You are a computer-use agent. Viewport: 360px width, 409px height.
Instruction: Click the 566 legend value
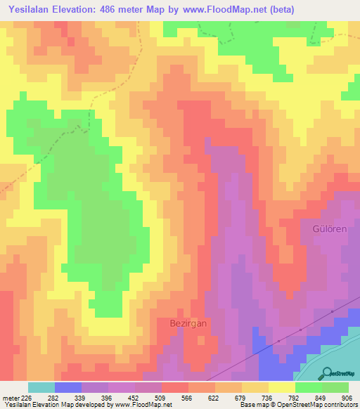click(x=174, y=398)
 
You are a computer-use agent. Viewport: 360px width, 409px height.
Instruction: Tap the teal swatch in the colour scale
click(x=41, y=387)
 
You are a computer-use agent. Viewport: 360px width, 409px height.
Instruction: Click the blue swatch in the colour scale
click(x=68, y=387)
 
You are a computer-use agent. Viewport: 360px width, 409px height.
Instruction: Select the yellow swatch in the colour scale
click(x=281, y=387)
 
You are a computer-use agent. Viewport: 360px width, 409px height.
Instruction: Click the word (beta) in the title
click(x=279, y=10)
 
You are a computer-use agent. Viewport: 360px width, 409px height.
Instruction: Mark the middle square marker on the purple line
click(x=301, y=329)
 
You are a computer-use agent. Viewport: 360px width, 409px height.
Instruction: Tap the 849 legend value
click(x=310, y=398)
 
